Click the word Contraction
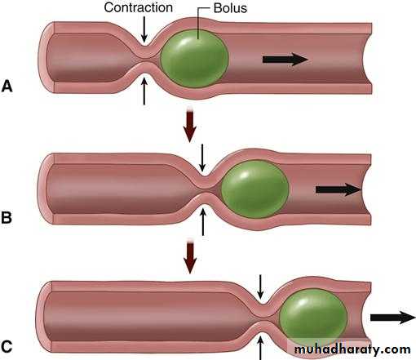[138, 7]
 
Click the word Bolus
[230, 8]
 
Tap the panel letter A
[7, 86]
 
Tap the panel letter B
[7, 217]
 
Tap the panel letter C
[7, 347]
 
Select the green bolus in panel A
[194, 58]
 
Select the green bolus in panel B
[254, 189]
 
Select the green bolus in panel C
[313, 318]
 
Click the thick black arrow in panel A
[285, 60]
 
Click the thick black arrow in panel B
[339, 189]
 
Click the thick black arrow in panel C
[393, 318]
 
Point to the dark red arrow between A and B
[190, 125]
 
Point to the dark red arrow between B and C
[190, 256]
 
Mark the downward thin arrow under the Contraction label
[144, 29]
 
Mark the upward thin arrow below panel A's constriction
[144, 91]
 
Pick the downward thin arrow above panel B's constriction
[202, 158]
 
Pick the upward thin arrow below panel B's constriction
[203, 221]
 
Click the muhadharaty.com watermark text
[352, 349]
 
